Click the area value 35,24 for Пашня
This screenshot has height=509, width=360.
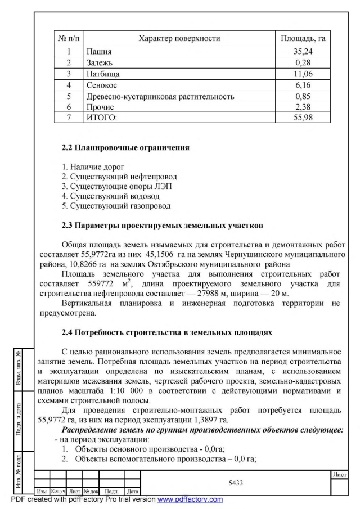303,52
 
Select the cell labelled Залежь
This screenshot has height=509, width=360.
100,62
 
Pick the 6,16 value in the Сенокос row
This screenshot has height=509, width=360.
303,84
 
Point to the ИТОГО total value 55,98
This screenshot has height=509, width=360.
303,118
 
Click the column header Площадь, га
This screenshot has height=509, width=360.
303,39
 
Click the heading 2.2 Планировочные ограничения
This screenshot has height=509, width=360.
125,149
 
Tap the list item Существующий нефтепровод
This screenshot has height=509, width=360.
112,176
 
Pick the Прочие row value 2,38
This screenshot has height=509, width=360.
303,106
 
